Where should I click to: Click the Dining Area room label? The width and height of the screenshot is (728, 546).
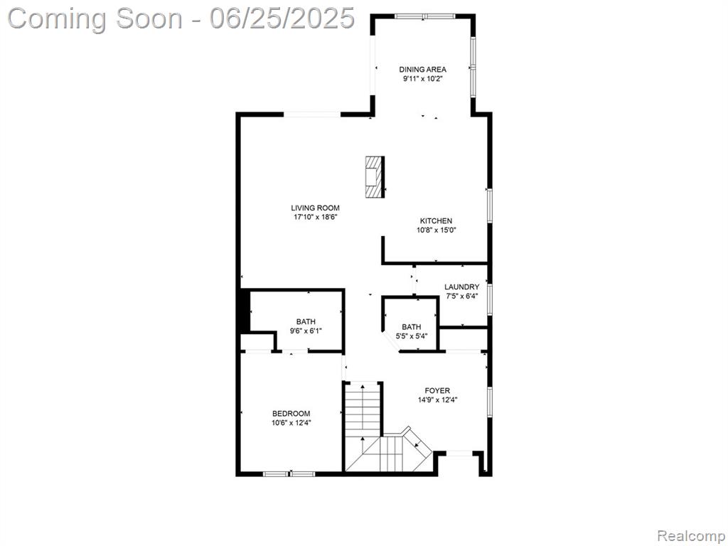[422, 70]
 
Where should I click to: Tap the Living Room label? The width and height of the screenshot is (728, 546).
[315, 208]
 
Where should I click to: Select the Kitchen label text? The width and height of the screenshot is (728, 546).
[436, 221]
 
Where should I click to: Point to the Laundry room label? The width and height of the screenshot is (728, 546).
[461, 287]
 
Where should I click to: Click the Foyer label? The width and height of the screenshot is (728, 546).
[437, 390]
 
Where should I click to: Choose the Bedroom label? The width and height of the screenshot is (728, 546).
[291, 414]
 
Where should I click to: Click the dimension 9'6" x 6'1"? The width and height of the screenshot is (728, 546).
[306, 331]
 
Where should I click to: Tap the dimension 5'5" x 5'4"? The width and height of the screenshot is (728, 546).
[412, 336]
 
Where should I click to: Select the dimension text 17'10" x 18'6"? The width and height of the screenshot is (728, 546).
[315, 217]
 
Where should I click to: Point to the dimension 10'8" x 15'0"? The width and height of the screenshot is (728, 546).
[436, 230]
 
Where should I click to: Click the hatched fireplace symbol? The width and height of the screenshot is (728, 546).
[375, 177]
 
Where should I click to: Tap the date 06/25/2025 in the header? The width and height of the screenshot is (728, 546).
[282, 18]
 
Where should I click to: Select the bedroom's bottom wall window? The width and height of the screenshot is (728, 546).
[289, 473]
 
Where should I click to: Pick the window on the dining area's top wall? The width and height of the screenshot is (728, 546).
[425, 16]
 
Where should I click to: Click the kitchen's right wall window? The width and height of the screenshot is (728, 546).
[489, 205]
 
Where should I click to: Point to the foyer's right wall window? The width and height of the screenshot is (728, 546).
[489, 400]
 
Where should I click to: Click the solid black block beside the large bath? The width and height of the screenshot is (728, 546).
[244, 311]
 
